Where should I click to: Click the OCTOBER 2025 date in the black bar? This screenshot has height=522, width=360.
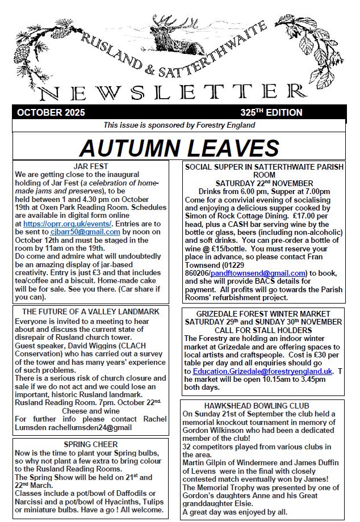click(x=51, y=112)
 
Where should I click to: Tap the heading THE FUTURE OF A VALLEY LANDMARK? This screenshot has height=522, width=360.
click(x=90, y=311)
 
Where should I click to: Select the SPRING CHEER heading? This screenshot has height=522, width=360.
click(x=91, y=444)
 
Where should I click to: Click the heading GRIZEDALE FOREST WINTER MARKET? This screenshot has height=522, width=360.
click(x=263, y=313)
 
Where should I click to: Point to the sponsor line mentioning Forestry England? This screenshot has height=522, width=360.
click(x=179, y=125)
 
